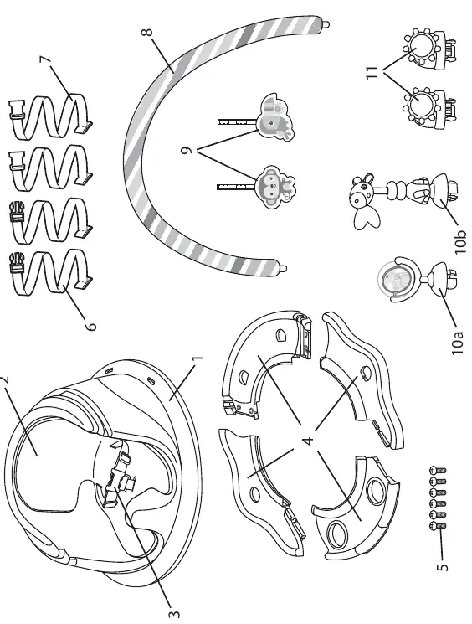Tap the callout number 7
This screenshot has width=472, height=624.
[46, 59]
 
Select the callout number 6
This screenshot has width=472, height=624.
[90, 327]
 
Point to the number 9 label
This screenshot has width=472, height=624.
[187, 151]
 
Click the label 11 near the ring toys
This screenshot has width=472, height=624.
[372, 72]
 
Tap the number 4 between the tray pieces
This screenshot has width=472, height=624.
[308, 440]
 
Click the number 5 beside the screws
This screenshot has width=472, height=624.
[442, 567]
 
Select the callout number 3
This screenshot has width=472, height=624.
[174, 615]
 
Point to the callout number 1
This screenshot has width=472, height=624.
[198, 358]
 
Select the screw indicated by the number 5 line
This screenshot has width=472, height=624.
[438, 526]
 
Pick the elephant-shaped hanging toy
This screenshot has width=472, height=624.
[276, 117]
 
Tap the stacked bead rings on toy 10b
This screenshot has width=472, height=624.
[395, 190]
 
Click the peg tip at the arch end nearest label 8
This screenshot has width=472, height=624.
[326, 24]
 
